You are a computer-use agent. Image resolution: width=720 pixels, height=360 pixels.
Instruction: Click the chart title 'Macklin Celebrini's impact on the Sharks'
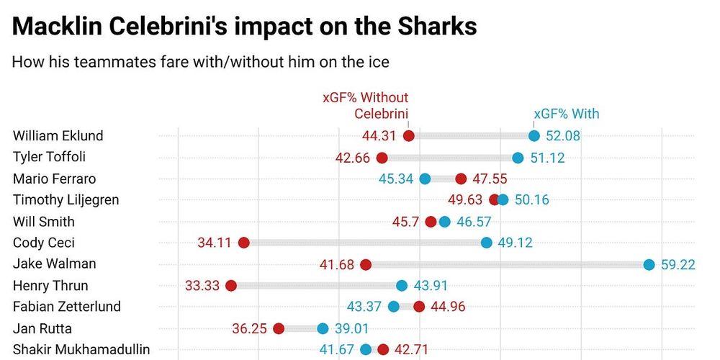tap(245, 27)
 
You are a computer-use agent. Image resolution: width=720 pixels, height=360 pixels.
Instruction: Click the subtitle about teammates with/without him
tap(200, 62)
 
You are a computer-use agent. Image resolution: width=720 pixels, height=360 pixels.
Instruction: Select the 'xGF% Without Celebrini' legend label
tap(365, 105)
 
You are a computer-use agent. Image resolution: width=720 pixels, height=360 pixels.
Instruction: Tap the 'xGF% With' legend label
tap(566, 114)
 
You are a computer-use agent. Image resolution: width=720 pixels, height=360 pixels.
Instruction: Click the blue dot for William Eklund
tap(534, 136)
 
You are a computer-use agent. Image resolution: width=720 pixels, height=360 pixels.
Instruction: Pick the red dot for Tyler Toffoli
tap(382, 158)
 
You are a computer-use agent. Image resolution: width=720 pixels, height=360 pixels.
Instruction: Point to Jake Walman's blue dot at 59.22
tap(649, 264)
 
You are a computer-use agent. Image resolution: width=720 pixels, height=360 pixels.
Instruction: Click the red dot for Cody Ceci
tap(243, 243)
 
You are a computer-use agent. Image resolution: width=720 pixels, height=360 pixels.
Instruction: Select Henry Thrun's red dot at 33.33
tap(231, 286)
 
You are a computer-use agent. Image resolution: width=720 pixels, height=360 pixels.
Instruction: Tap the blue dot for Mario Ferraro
tap(425, 179)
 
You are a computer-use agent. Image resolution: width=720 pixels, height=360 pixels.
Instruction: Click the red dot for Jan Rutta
tap(279, 328)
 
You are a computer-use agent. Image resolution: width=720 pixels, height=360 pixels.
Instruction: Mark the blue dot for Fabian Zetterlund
tap(393, 307)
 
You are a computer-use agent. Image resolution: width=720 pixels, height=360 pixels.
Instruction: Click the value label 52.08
tap(563, 136)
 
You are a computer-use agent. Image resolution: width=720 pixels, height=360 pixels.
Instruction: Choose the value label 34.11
tap(215, 243)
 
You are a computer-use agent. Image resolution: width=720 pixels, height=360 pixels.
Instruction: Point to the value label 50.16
tap(532, 200)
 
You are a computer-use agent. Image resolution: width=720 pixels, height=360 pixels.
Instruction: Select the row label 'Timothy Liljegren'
tap(66, 200)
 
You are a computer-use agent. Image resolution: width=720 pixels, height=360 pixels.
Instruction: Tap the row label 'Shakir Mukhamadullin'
tap(81, 350)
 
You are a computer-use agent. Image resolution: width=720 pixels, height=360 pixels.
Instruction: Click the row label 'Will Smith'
tap(44, 222)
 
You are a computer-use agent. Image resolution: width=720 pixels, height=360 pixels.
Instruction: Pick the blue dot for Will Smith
tap(444, 222)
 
